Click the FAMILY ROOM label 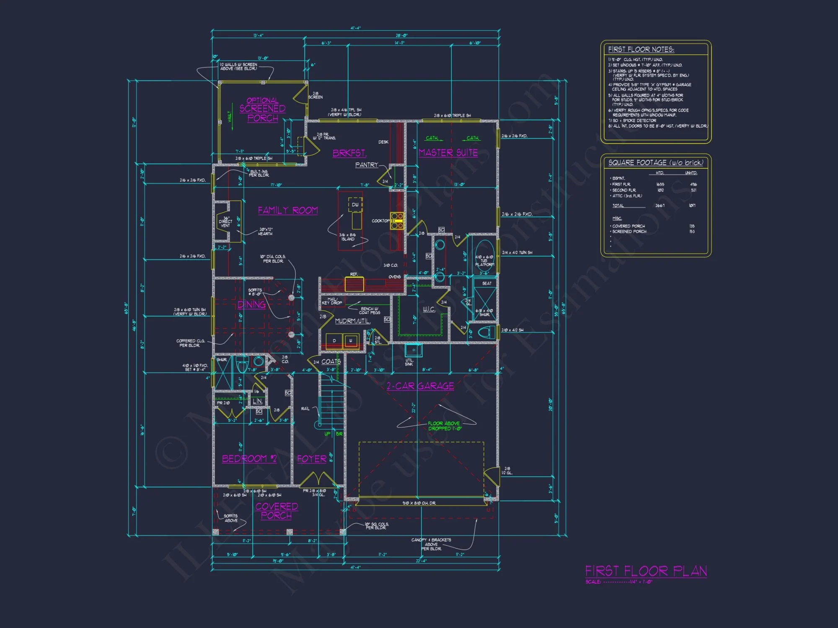287,210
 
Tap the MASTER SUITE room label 448,153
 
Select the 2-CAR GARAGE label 420,386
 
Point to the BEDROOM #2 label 249,459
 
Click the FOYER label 311,459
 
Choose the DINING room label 251,305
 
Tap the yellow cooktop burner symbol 397,221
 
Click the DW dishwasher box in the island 355,204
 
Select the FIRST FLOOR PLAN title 646,571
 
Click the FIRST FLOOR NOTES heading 641,49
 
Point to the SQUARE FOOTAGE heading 655,162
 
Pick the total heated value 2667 660,206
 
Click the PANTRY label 366,165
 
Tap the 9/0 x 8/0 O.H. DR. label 419,503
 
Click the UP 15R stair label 334,434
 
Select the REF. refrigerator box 354,283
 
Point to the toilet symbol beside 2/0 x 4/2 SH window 486,333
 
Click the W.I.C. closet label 429,309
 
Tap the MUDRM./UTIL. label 352,321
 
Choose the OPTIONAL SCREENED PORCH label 262,109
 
